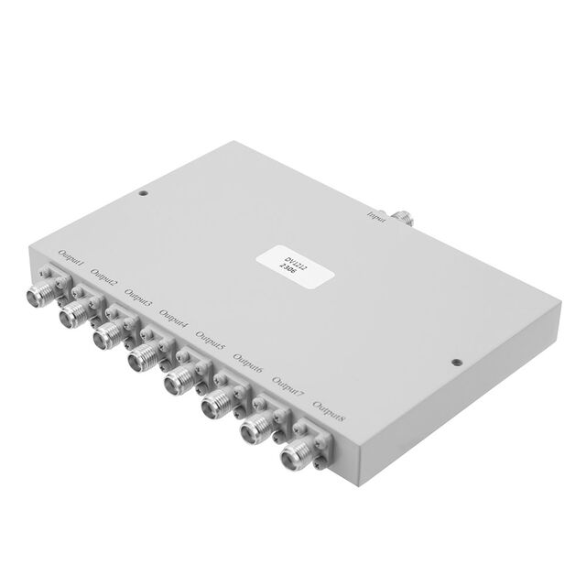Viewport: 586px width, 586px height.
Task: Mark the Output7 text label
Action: (288, 385)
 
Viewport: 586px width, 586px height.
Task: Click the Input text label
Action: (376, 217)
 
